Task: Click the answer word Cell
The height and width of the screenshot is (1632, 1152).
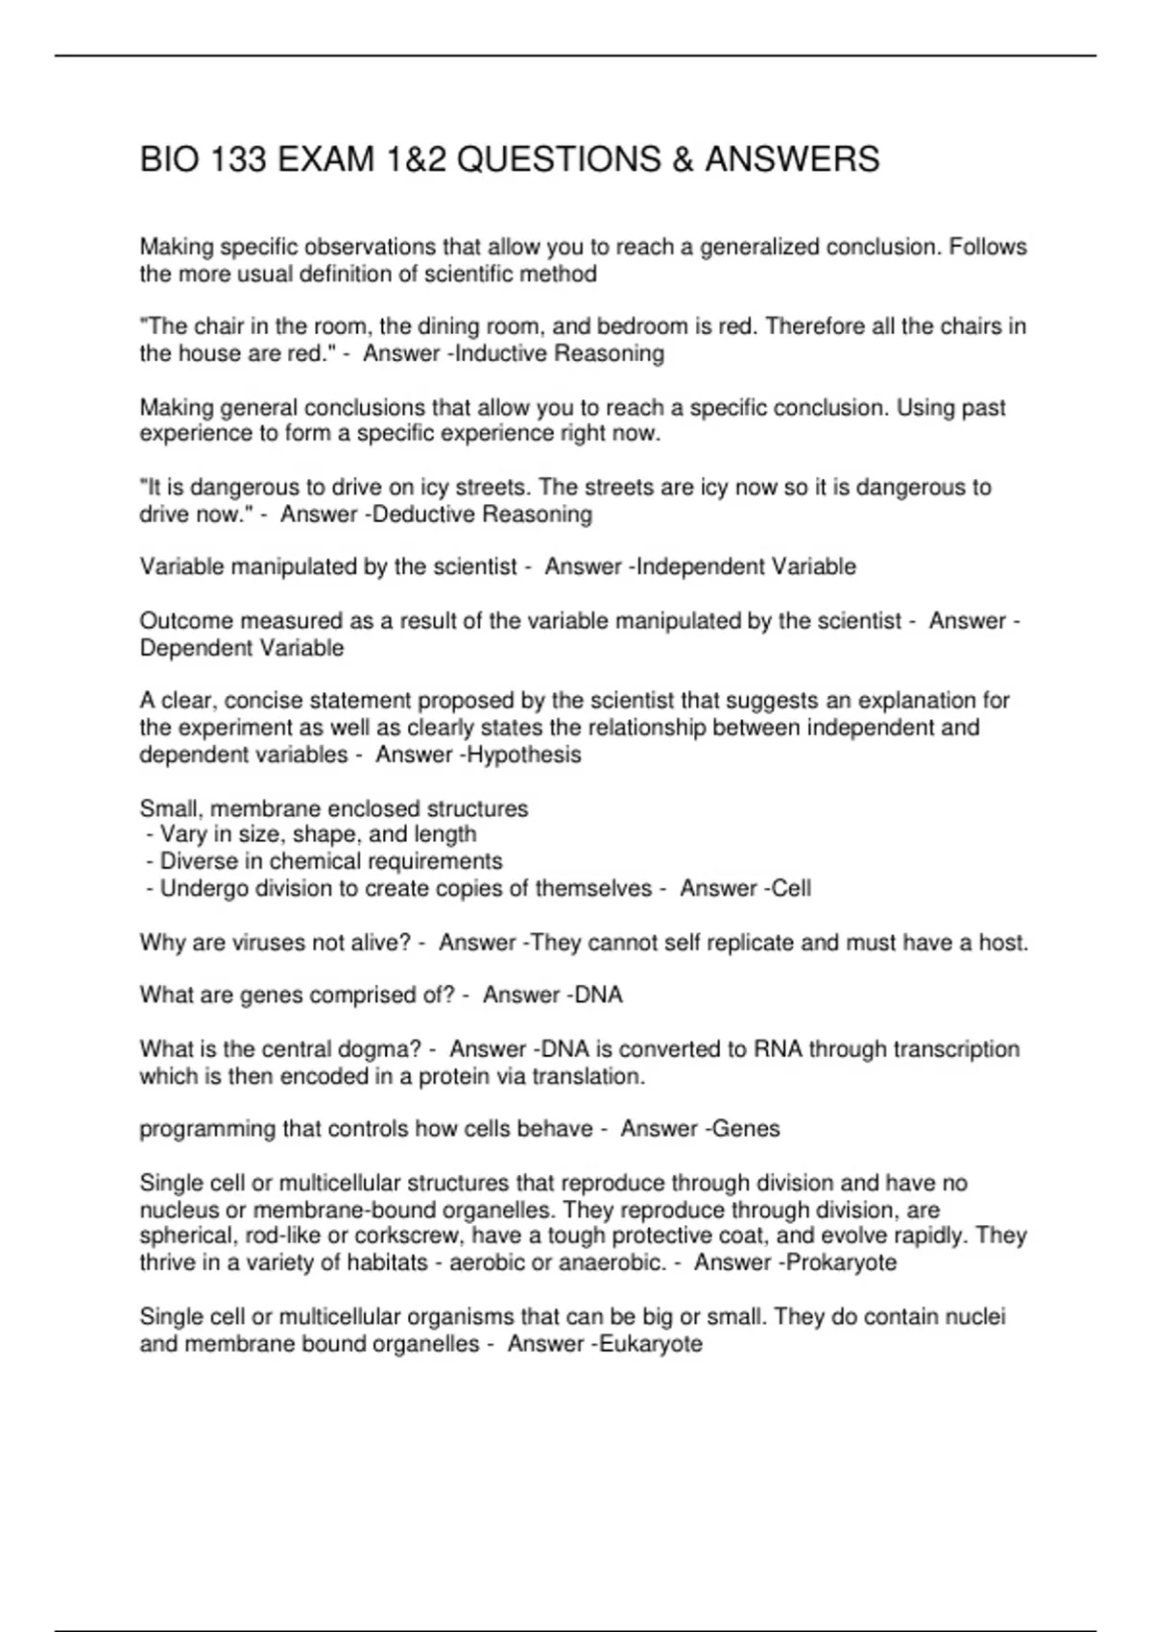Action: (x=792, y=889)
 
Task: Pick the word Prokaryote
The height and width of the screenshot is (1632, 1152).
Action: (x=841, y=1262)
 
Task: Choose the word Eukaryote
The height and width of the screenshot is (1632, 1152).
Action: (x=651, y=1344)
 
